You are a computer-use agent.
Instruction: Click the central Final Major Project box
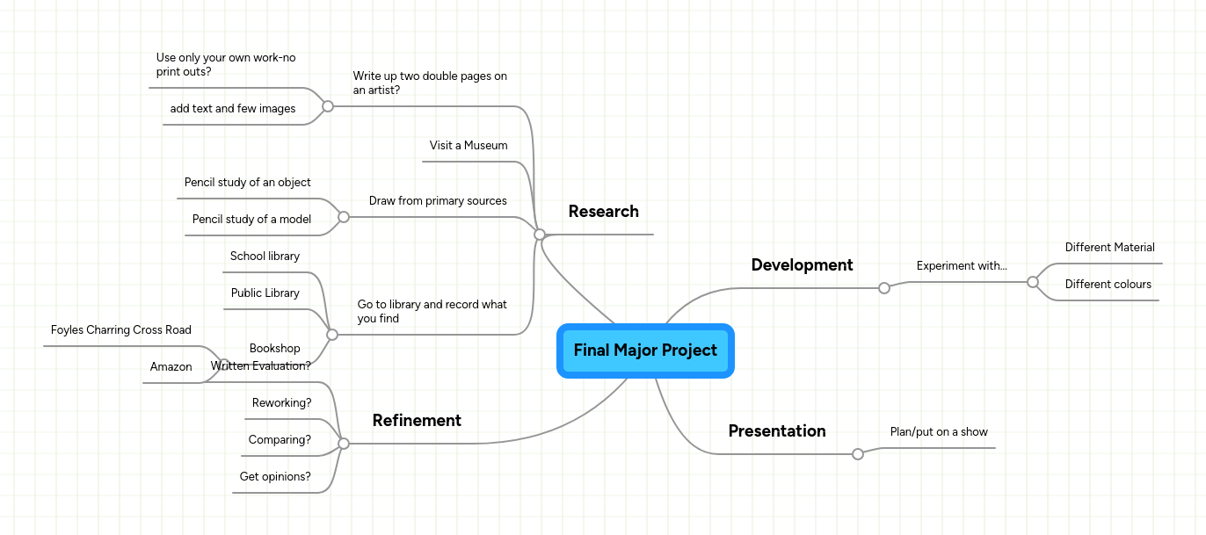[x=645, y=351]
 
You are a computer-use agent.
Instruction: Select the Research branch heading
[x=603, y=212]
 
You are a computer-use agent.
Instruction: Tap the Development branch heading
[x=802, y=265]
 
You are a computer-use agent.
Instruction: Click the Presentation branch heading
[x=777, y=431]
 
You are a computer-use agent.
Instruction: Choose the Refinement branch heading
[x=417, y=421]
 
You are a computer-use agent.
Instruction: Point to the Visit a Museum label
[x=469, y=146]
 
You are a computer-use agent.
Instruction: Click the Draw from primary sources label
[x=438, y=201]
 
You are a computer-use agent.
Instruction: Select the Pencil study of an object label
[x=248, y=183]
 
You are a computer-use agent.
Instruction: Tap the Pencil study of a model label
[x=251, y=220]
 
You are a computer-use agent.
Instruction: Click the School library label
[x=265, y=257]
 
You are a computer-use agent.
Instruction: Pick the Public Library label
[x=265, y=293]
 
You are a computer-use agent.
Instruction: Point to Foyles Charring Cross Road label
[x=121, y=330]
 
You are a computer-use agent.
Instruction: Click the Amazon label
[x=171, y=367]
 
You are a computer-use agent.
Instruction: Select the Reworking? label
[x=281, y=403]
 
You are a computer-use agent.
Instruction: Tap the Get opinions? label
[x=275, y=477]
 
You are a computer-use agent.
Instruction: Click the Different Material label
[x=1109, y=248]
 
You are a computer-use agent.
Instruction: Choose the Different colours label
[x=1108, y=285]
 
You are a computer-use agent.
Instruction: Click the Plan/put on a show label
[x=939, y=432]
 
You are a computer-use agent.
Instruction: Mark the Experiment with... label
[x=962, y=266]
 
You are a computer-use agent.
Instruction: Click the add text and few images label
[x=233, y=109]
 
